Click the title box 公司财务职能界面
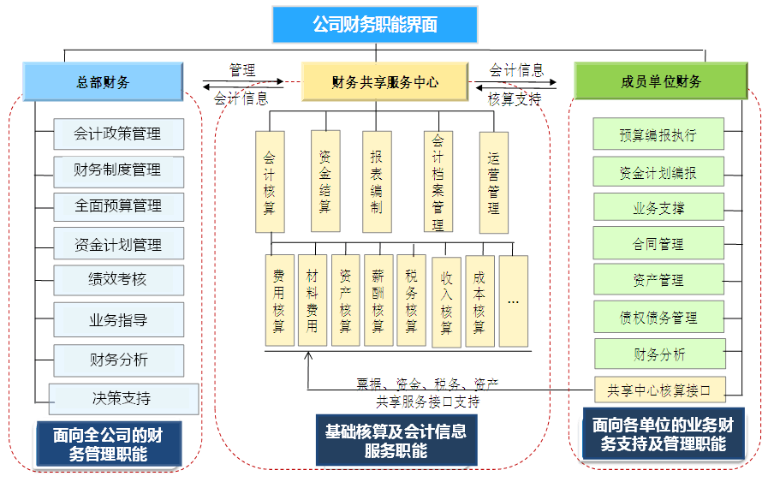click(x=375, y=24)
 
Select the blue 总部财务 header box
click(x=103, y=82)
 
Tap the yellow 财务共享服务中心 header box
click(x=384, y=82)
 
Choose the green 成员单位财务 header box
click(x=660, y=81)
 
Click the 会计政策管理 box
click(x=118, y=134)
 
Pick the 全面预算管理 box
click(x=118, y=205)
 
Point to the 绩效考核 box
click(x=118, y=279)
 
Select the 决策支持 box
click(x=123, y=398)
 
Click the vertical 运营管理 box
click(x=493, y=182)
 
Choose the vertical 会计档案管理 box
click(x=438, y=182)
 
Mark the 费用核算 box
click(x=279, y=301)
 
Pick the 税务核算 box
click(x=411, y=301)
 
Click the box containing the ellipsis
click(x=514, y=301)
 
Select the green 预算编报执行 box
click(x=658, y=135)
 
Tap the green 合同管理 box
click(x=658, y=244)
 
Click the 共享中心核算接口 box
click(x=659, y=390)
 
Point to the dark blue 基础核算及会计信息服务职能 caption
click(x=396, y=439)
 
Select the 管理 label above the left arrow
click(x=242, y=70)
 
